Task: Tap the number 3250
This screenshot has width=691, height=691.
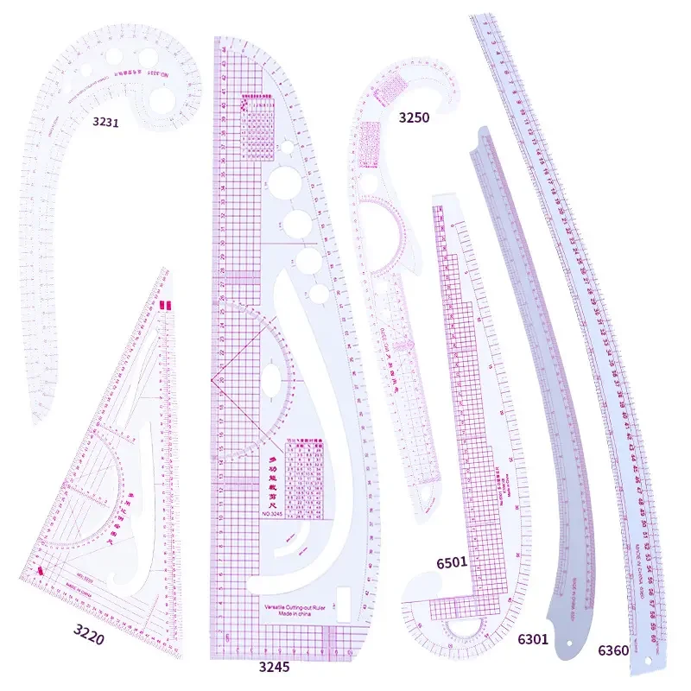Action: (414, 117)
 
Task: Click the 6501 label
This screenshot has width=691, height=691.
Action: (452, 562)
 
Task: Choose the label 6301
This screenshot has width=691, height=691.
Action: (534, 640)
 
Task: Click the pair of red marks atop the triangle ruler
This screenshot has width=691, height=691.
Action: (165, 305)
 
